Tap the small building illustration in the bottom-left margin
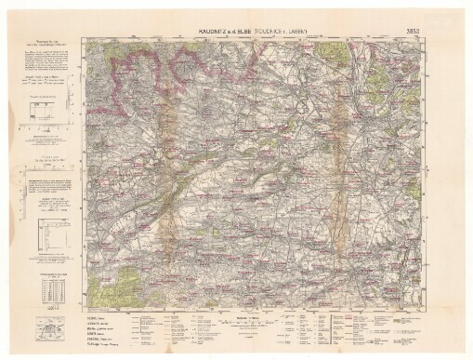[46, 327]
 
